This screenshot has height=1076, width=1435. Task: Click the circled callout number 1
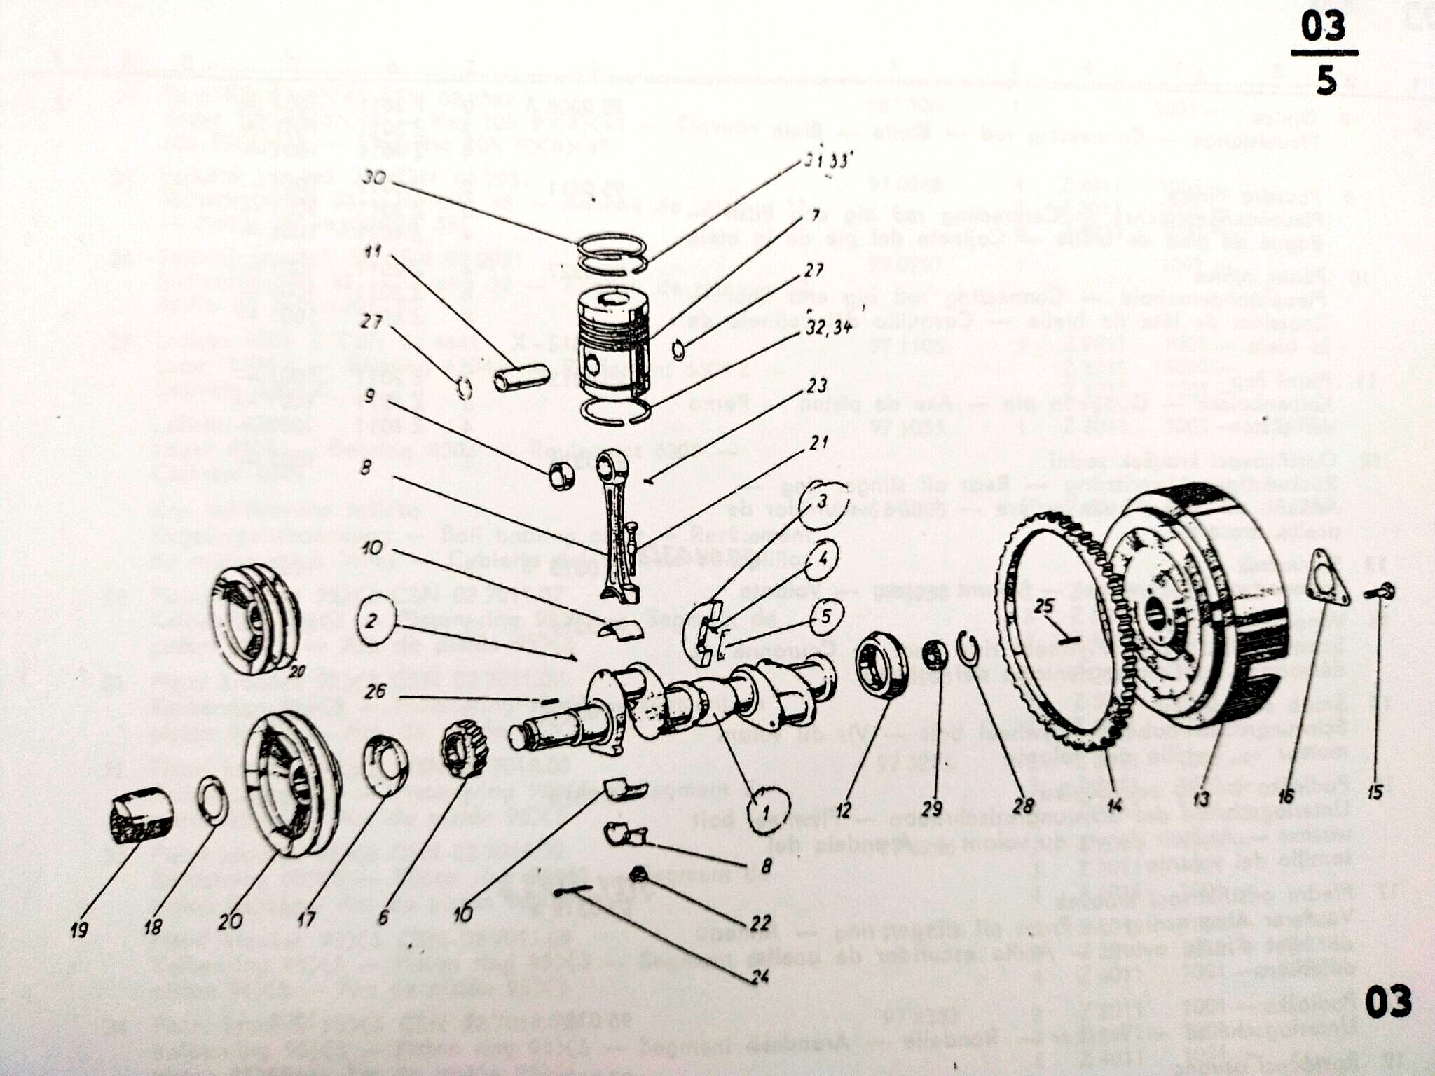coord(768,811)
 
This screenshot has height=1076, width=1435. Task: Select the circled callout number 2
coord(376,621)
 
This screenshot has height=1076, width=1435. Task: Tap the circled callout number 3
coord(822,502)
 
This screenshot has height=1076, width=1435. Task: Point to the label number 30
coord(375,177)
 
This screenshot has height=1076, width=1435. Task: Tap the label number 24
coord(759,977)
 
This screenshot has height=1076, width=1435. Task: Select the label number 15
coord(1375,792)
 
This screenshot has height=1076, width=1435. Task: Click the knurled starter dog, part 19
coord(142,815)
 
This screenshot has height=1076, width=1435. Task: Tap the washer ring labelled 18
coord(213,799)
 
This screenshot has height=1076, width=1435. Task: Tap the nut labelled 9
coord(561,477)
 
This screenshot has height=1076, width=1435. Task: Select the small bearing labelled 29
coord(934,656)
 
